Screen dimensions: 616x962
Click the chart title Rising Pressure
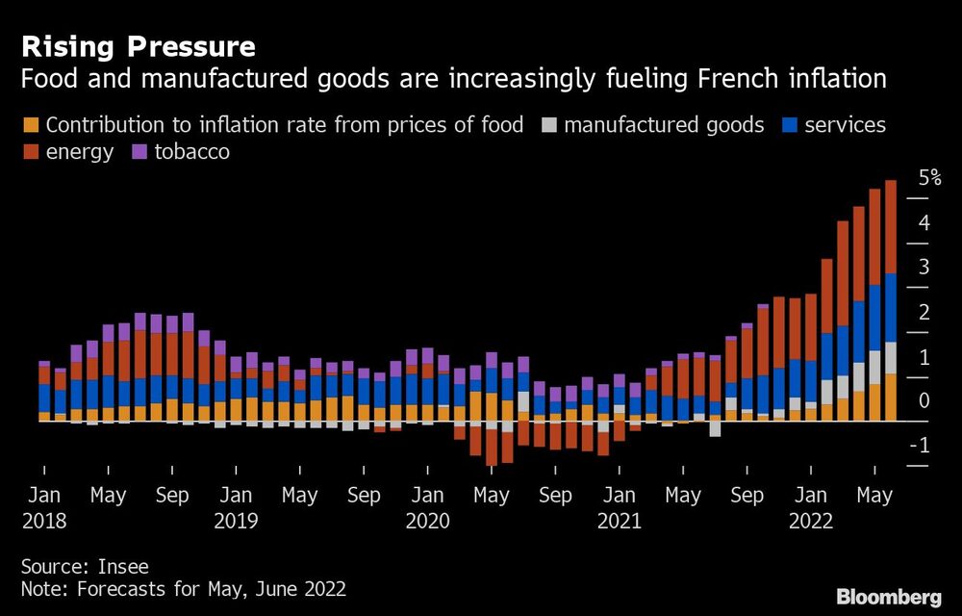click(x=139, y=46)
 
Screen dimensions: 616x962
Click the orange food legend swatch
click(x=30, y=125)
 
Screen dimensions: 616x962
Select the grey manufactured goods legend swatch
click(x=548, y=125)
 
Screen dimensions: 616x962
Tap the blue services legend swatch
click(x=789, y=125)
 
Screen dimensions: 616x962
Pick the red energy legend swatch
click(x=30, y=152)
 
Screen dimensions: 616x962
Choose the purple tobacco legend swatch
click(x=138, y=152)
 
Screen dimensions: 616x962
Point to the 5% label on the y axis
click(x=929, y=178)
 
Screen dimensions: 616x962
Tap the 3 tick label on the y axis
click(x=924, y=267)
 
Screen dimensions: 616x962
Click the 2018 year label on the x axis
click(x=44, y=521)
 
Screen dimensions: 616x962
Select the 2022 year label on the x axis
click(x=811, y=521)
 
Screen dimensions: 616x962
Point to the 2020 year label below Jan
click(x=427, y=521)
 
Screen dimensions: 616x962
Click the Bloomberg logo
click(x=888, y=597)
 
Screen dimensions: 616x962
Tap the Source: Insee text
click(x=85, y=566)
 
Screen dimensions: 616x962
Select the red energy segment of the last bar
click(x=891, y=226)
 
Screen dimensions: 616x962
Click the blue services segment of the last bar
click(x=891, y=307)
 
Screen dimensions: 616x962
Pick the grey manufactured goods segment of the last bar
click(x=891, y=357)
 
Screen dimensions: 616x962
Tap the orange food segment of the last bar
click(x=891, y=397)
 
